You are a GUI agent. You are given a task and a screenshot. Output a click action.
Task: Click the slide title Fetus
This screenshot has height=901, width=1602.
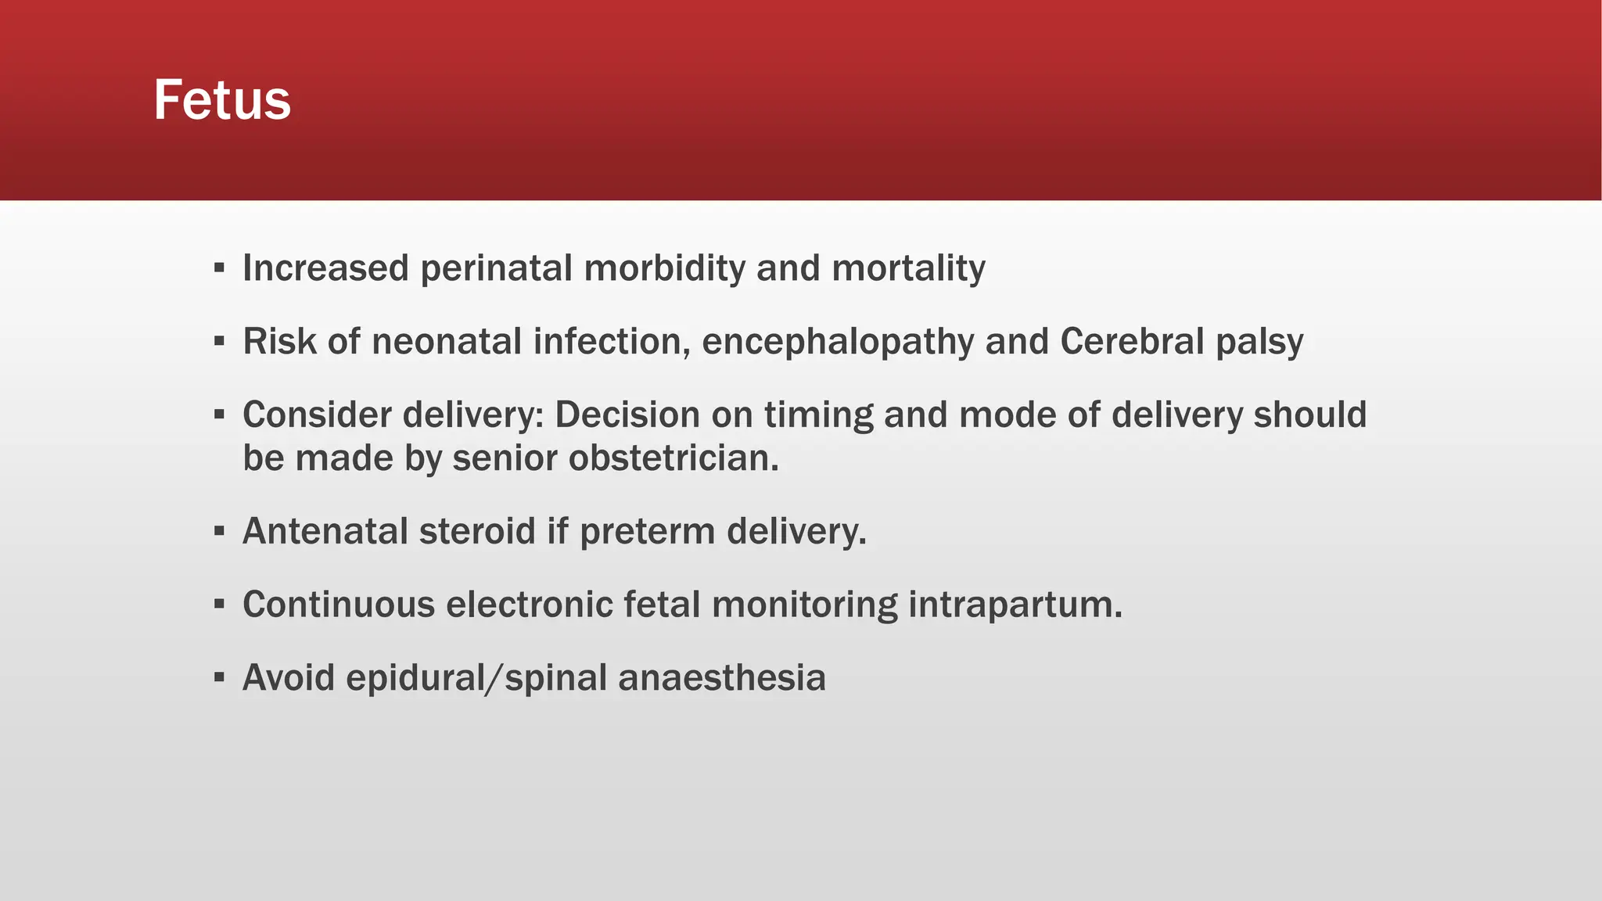tap(222, 100)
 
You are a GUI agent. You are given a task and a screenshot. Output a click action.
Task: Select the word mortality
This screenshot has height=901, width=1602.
tap(908, 268)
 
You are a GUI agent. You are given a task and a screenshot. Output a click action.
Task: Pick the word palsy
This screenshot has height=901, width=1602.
tap(1259, 342)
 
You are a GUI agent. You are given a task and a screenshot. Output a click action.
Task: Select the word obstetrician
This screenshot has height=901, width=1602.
tap(673, 458)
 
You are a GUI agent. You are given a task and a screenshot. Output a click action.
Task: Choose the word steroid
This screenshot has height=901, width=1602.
tap(477, 531)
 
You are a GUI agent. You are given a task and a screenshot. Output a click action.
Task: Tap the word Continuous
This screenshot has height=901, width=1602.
tap(339, 605)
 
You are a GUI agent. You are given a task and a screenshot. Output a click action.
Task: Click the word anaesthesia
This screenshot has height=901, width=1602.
tap(721, 677)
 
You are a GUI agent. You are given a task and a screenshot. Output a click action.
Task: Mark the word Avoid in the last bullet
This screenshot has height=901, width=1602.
tap(289, 677)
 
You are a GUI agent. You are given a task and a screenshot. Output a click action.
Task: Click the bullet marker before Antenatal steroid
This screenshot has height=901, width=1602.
tap(219, 532)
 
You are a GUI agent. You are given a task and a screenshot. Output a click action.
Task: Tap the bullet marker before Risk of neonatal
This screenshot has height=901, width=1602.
tap(219, 342)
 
